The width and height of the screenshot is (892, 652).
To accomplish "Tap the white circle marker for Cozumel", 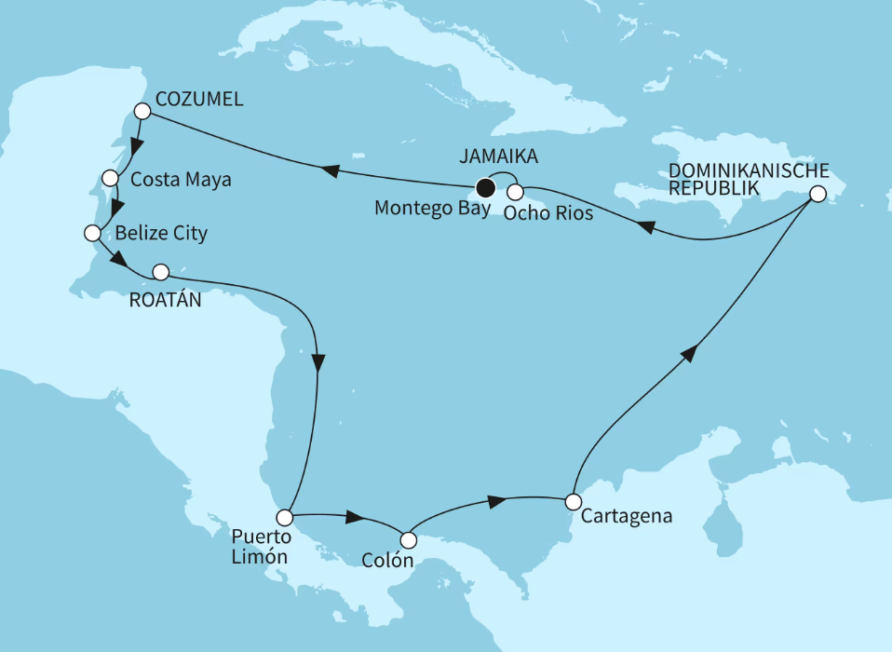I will point(142,111).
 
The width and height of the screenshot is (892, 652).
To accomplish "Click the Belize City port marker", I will point(91,233).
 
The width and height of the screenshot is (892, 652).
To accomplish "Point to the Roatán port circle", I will point(160,272).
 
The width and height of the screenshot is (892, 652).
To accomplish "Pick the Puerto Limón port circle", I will point(285,517).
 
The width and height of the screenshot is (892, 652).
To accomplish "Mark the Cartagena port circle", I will point(573,501).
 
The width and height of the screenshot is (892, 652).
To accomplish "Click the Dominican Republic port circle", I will point(817,195).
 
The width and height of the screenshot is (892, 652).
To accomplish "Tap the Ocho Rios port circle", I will point(514,192).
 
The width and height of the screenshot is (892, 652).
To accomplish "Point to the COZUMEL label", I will point(199,100).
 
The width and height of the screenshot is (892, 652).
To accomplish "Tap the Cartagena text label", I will point(618,514).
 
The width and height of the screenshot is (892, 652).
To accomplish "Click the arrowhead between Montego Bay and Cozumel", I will point(331,169).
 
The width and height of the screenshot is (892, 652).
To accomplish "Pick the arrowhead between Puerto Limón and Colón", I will point(354,517).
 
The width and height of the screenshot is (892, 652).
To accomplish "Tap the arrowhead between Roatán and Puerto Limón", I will point(319,361).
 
